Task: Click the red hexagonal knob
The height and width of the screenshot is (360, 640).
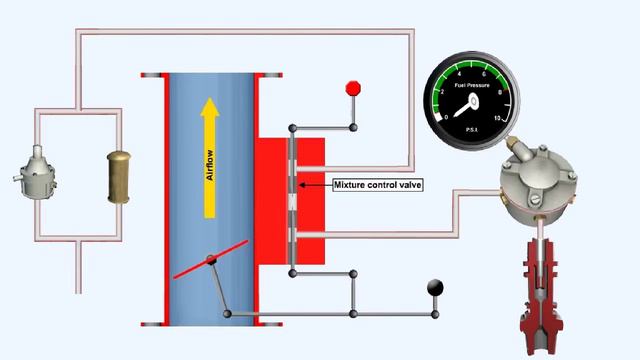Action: [x=352, y=88]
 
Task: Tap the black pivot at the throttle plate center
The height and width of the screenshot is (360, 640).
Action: [x=211, y=261]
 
